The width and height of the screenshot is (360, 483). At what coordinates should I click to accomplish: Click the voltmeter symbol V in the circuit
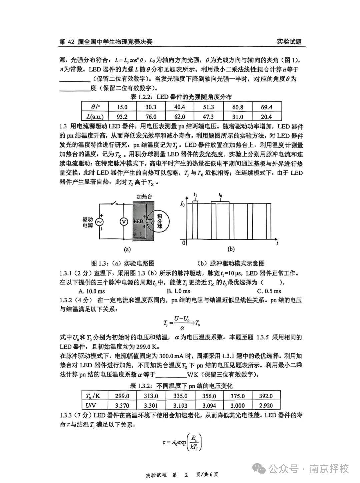[123, 221]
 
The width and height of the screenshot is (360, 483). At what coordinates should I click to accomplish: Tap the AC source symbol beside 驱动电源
[99, 221]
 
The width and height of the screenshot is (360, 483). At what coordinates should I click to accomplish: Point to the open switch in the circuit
[115, 204]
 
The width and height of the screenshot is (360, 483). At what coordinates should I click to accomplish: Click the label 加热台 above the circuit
[144, 196]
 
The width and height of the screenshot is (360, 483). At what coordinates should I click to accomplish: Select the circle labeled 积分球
[158, 221]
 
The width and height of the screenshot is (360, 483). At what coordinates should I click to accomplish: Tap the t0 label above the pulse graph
[220, 194]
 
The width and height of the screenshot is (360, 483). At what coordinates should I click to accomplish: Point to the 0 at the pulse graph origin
[183, 243]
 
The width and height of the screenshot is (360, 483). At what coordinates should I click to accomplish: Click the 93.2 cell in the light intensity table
[122, 116]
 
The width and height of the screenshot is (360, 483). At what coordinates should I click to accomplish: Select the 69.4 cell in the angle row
[267, 107]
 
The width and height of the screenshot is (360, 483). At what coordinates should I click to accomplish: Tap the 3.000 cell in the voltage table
[237, 406]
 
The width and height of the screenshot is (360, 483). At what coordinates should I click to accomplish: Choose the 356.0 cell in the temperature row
[209, 396]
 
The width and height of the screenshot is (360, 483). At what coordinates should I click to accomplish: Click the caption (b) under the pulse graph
[231, 249]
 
